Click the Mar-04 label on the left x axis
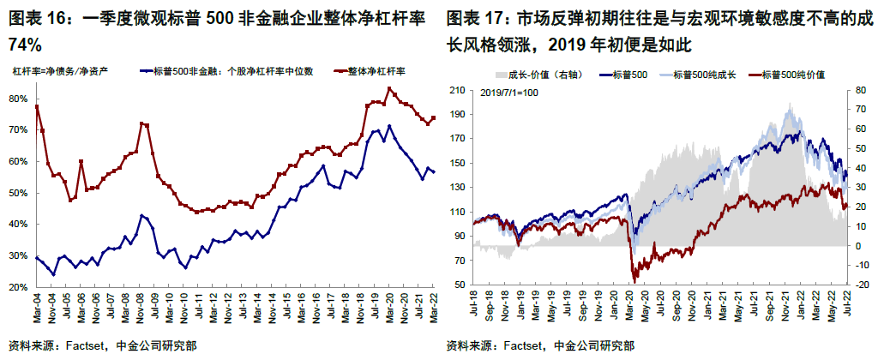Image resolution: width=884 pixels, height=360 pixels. [36, 309]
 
